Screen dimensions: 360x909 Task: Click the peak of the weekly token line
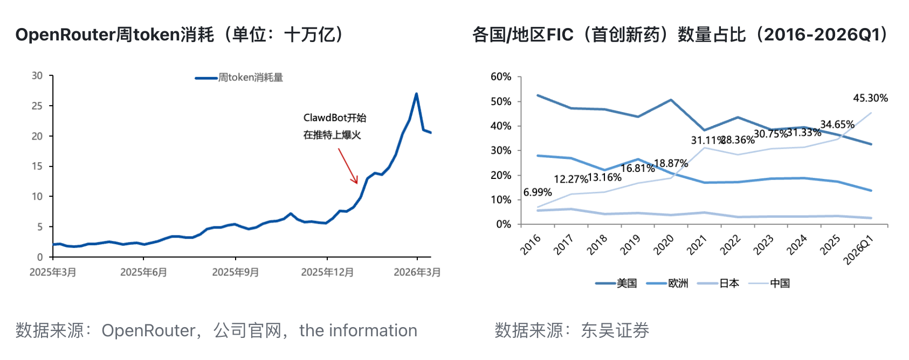(x=416, y=94)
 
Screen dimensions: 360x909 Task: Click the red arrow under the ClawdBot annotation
(x=348, y=166)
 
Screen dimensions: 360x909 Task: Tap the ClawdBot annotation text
(x=334, y=126)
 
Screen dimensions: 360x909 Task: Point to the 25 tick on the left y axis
(x=37, y=106)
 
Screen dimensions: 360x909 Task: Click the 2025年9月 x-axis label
(x=235, y=272)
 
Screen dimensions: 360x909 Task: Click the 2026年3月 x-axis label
(x=417, y=272)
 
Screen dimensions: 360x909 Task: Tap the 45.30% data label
(x=870, y=98)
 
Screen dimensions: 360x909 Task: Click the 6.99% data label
(x=538, y=192)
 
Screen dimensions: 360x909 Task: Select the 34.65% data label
(x=837, y=124)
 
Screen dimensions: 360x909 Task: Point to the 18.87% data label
(x=671, y=163)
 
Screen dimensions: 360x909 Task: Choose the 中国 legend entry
(x=780, y=283)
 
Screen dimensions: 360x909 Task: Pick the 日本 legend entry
(x=729, y=283)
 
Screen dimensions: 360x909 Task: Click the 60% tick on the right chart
(x=501, y=77)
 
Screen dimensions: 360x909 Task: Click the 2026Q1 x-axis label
(x=858, y=250)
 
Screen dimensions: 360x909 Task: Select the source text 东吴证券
(x=615, y=330)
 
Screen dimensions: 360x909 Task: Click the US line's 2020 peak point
(x=671, y=100)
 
